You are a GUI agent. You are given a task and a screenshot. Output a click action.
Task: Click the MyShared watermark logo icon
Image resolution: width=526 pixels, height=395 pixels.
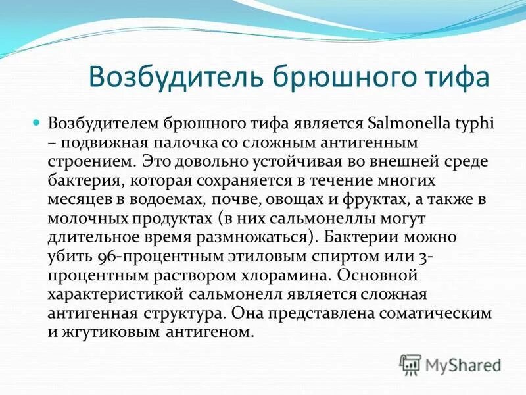coord(410,363)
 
